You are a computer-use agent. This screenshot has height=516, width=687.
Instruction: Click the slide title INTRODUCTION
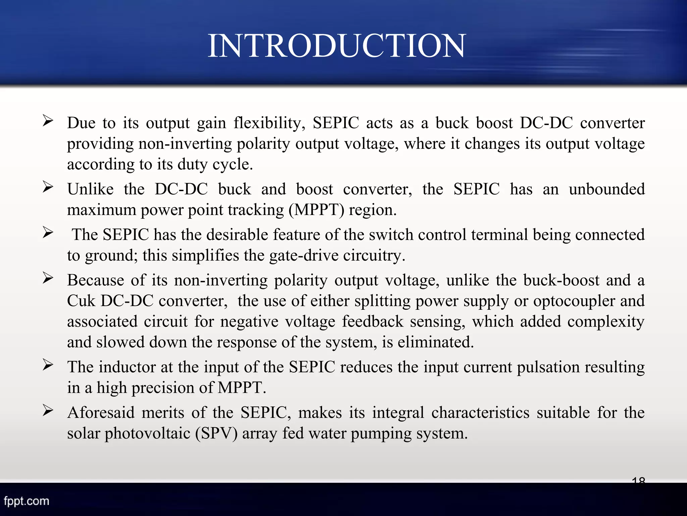(337, 46)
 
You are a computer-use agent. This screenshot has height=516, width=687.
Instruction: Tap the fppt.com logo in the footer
(27, 501)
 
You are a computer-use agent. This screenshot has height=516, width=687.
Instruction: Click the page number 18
(638, 480)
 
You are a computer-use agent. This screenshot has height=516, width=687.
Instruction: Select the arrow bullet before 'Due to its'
(48, 120)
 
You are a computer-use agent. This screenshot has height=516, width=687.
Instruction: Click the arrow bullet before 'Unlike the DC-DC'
(48, 187)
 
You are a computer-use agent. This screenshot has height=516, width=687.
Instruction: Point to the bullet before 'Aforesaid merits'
(48, 410)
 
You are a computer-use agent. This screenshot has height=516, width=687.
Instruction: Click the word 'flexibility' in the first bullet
(269, 123)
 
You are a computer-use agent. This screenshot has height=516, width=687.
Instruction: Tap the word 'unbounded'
(606, 189)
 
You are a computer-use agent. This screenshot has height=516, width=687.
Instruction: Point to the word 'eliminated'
(435, 342)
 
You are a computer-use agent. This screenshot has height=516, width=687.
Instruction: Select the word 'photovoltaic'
(147, 433)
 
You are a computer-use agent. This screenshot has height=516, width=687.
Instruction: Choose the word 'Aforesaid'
(101, 413)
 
